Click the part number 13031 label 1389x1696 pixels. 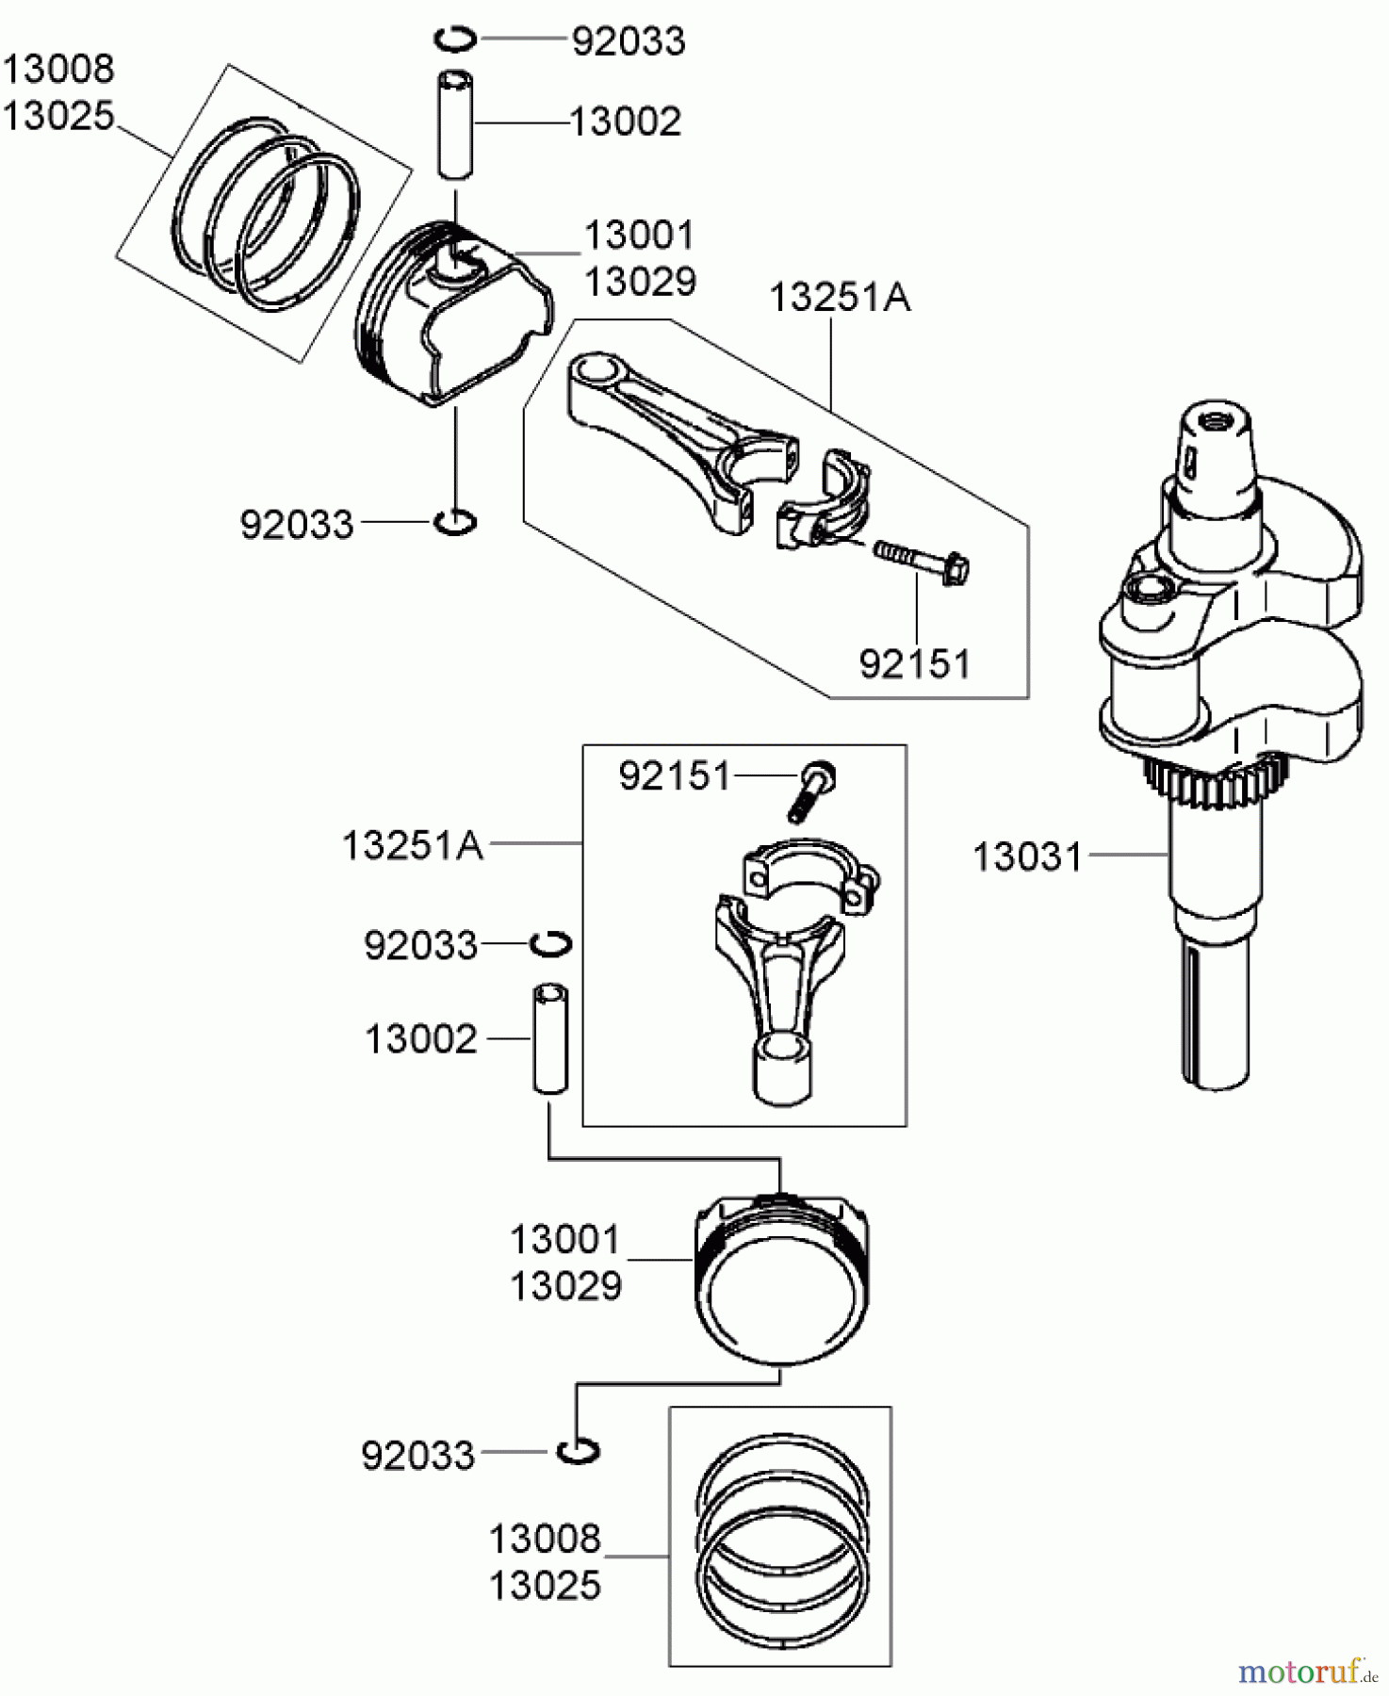coord(1027,857)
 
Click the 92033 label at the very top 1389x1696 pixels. coord(629,42)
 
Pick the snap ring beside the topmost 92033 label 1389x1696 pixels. coord(456,39)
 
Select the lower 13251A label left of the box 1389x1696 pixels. coord(412,846)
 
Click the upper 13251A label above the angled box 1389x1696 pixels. coord(840,299)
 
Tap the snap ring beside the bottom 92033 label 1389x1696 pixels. coord(577,1452)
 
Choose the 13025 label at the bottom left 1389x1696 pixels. coord(545,1586)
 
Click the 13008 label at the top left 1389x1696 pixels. coord(58,69)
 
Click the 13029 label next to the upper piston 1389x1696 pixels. coord(640,282)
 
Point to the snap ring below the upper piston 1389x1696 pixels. coord(456,521)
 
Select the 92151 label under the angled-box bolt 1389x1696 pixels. coord(914,664)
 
